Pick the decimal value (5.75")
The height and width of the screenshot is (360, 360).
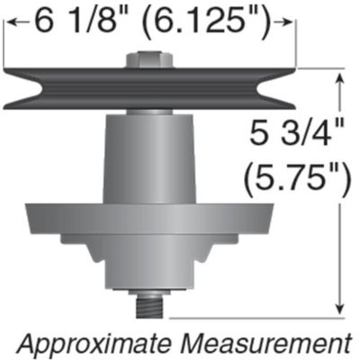297,178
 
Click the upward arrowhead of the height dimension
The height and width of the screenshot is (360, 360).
339,79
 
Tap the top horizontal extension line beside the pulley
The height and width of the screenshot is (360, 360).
324,71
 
